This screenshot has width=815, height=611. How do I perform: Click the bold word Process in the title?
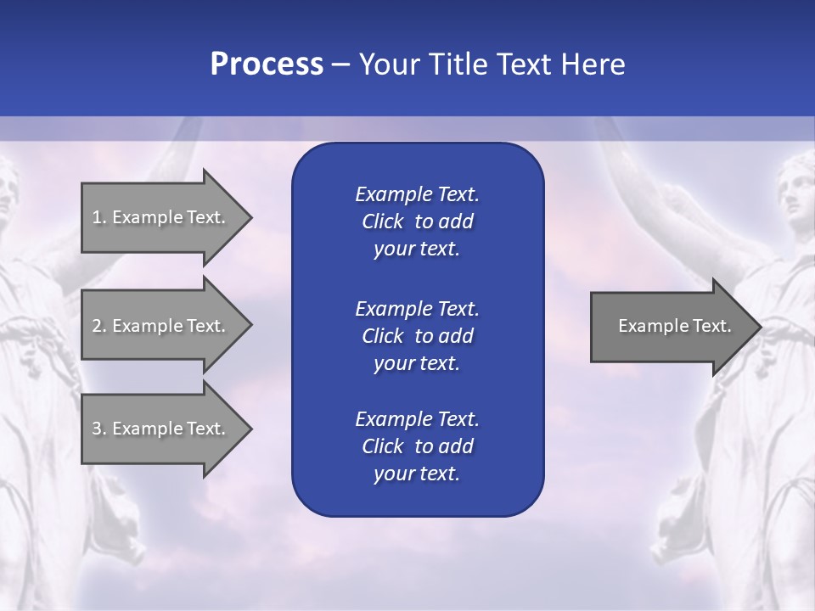pos(267,64)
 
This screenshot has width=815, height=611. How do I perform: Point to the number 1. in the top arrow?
pos(98,217)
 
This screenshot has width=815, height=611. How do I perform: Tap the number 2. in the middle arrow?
pos(98,326)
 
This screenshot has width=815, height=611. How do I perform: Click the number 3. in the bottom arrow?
pos(98,429)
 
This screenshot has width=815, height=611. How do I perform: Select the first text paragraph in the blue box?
pos(417,221)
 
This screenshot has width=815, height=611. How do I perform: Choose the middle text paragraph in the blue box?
pos(417,335)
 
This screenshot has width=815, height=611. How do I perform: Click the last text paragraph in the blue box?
pos(417,446)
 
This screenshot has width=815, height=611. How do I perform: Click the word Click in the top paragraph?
pos(382,221)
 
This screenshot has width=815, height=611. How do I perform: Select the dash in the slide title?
pos(340,64)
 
